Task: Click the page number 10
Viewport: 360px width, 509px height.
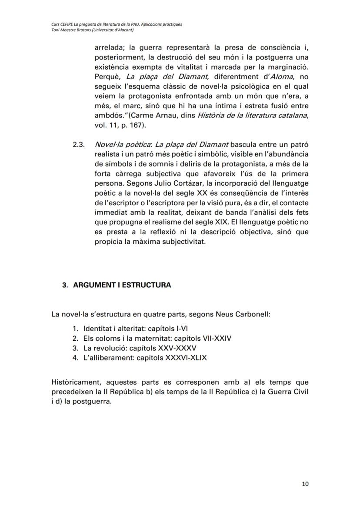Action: pyautogui.click(x=305, y=483)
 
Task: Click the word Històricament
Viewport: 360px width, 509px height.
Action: pyautogui.click(x=75, y=383)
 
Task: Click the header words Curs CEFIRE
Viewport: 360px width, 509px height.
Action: pyautogui.click(x=63, y=24)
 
